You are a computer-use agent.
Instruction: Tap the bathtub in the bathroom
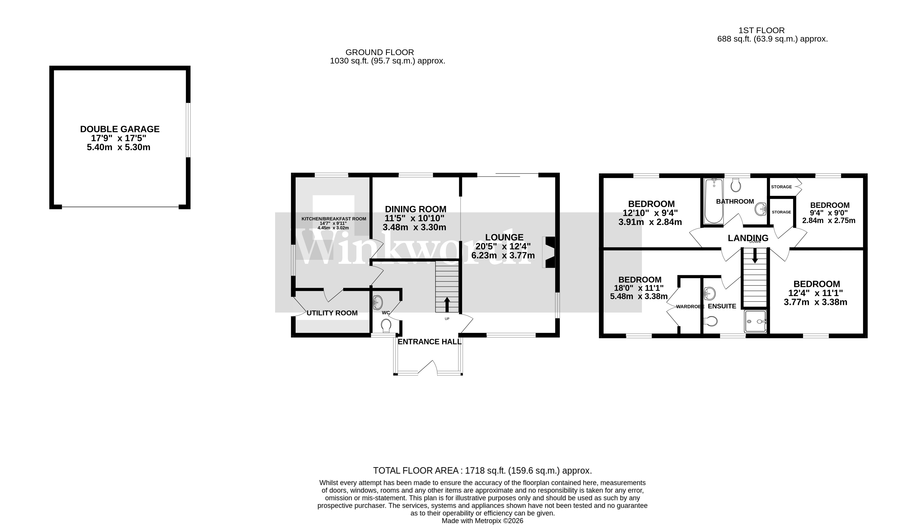(x=714, y=201)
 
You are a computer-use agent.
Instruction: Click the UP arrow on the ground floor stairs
(x=447, y=304)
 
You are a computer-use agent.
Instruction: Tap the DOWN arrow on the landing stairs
(x=755, y=257)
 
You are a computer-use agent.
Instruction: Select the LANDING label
(x=748, y=238)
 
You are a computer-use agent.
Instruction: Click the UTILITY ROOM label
(x=332, y=313)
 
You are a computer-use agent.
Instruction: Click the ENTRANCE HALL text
(x=429, y=342)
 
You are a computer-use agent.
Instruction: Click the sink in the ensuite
(x=709, y=293)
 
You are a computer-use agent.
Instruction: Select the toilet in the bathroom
(x=736, y=186)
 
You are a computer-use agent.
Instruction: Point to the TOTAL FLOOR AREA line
(x=482, y=471)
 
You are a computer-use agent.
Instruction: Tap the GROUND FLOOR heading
(x=379, y=52)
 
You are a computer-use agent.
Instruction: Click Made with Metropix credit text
(x=482, y=521)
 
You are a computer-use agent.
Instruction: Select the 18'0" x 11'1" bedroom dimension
(x=638, y=288)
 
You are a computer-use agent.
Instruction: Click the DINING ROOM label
(x=415, y=209)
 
